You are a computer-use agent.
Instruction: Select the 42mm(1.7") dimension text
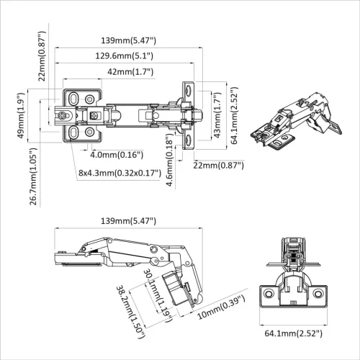(x=126, y=72)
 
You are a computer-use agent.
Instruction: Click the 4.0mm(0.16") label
(x=116, y=154)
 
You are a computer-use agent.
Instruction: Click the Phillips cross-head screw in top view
(x=63, y=114)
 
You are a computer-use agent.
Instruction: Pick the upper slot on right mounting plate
(x=189, y=91)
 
